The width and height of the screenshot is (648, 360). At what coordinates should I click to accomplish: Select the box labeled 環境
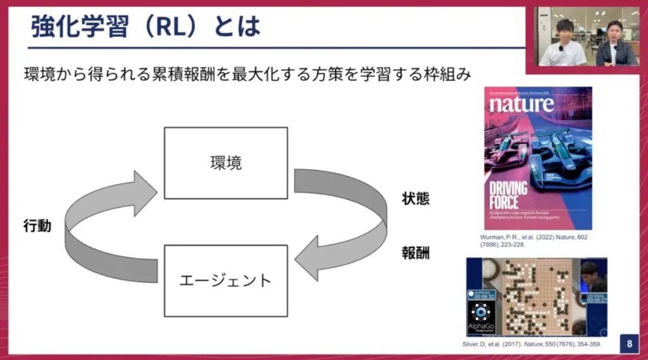(225, 163)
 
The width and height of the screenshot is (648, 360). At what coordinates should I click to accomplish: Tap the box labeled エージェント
(225, 280)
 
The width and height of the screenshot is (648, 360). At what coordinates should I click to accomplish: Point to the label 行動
(37, 226)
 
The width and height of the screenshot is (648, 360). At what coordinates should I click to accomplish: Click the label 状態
(416, 198)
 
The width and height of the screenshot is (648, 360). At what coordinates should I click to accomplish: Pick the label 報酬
(416, 253)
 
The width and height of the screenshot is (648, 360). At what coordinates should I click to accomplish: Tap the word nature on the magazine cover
(521, 104)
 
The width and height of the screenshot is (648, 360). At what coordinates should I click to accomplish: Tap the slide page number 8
(630, 344)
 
